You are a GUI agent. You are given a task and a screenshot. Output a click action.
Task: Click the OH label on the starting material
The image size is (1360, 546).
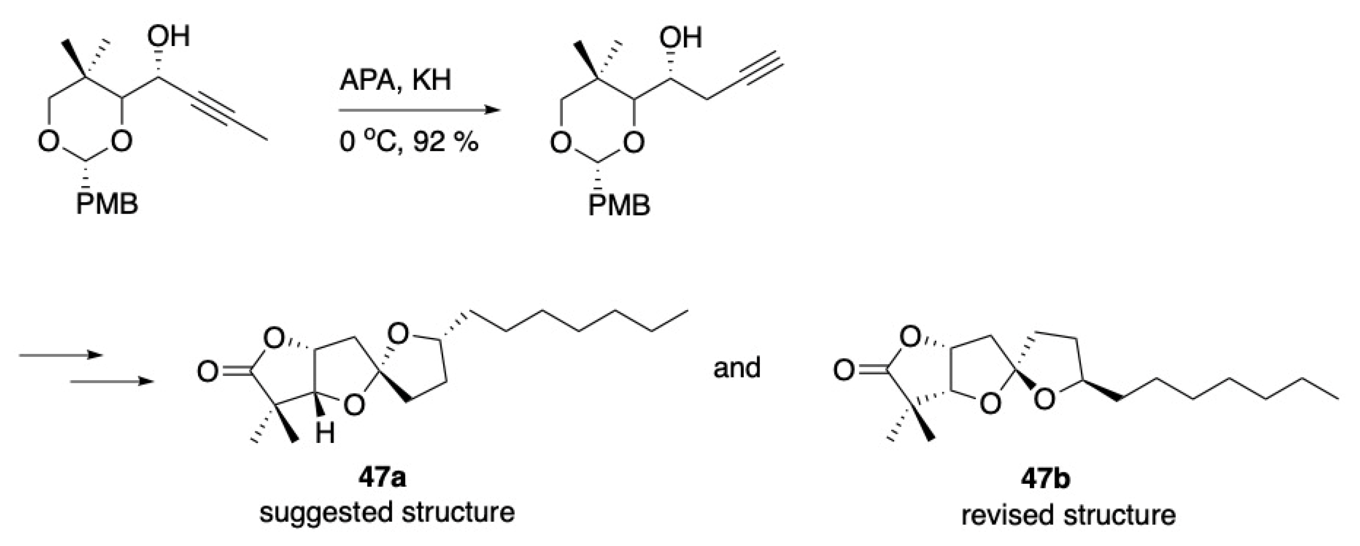pos(169,37)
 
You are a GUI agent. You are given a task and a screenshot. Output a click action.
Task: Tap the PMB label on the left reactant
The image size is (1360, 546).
pos(107,203)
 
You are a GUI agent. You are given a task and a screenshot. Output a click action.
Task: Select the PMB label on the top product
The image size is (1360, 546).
pos(619,206)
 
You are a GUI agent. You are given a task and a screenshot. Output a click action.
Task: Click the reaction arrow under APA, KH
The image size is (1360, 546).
pos(419,111)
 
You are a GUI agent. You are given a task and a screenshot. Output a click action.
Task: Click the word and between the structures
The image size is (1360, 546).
pos(737,367)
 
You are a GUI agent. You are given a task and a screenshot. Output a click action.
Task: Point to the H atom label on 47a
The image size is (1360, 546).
pos(326,435)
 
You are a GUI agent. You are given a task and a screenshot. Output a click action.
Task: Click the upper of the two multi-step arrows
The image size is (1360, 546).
pos(60,355)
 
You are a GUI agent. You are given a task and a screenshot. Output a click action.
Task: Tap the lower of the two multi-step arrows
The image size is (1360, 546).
pos(111,381)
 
